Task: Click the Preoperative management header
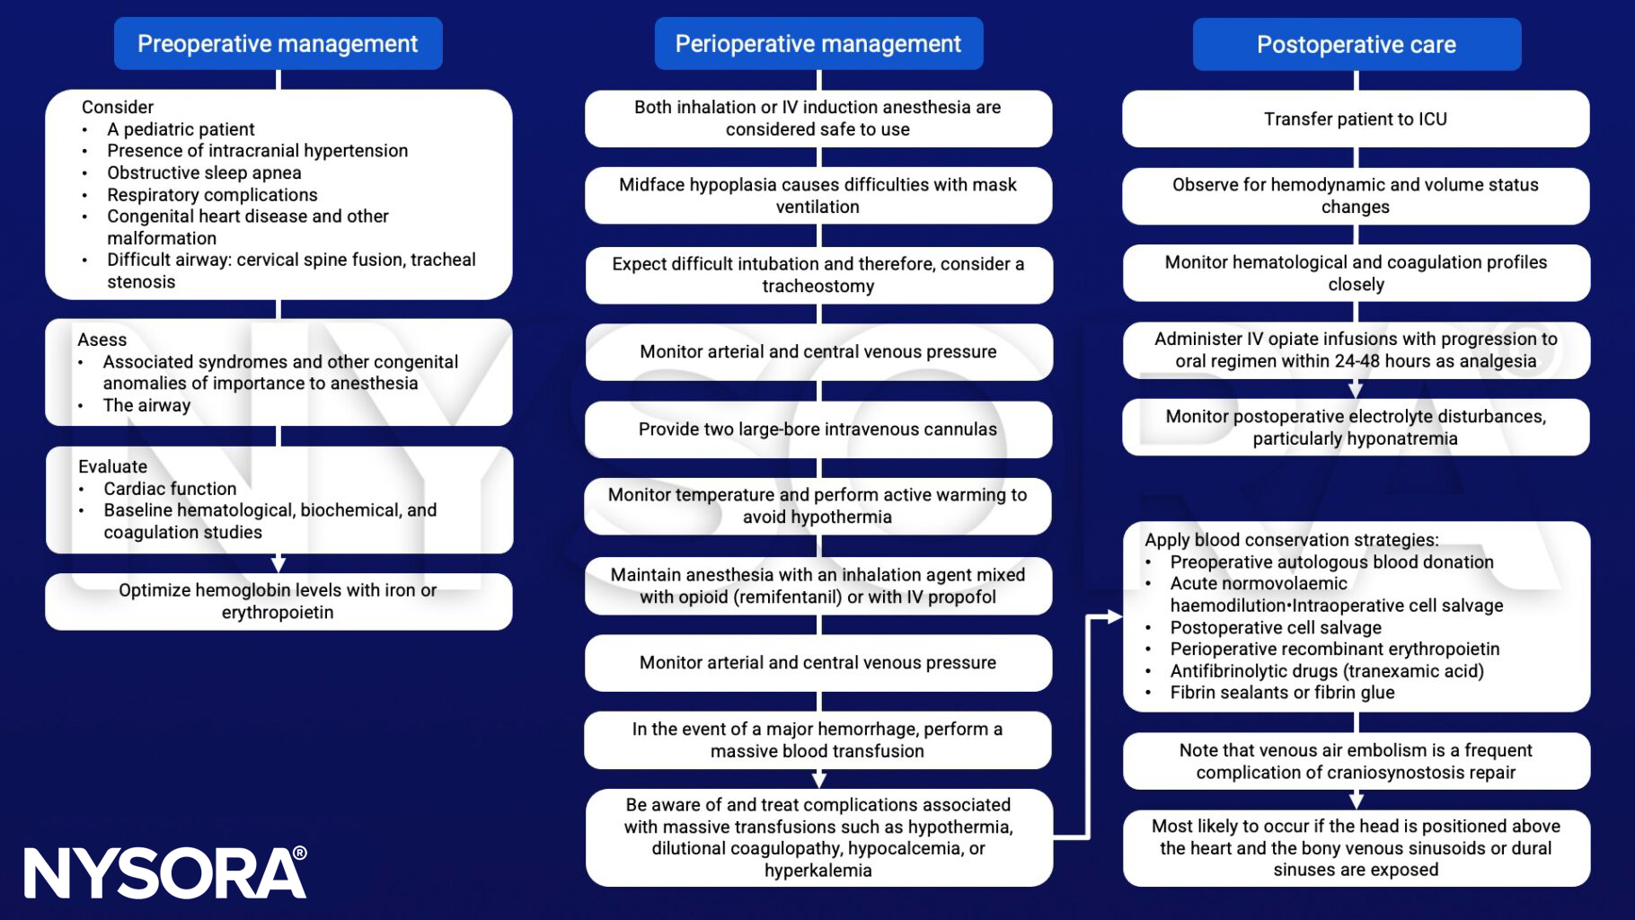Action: click(278, 43)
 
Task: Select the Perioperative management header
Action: click(817, 43)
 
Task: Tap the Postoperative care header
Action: click(1356, 44)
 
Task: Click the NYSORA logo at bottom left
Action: click(165, 872)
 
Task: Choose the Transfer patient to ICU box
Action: click(1355, 119)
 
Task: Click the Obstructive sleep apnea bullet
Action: click(204, 172)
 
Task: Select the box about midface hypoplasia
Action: click(817, 195)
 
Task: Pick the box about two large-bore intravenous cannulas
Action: click(817, 429)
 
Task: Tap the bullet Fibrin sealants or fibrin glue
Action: click(1282, 693)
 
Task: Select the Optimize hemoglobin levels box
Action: click(278, 601)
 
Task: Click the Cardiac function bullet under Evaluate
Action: click(170, 489)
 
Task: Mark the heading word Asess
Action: click(102, 340)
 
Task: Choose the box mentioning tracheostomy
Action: click(817, 275)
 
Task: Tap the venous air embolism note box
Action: click(1355, 761)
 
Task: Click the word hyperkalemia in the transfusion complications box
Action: click(817, 871)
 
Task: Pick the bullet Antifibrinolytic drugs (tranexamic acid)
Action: click(1326, 671)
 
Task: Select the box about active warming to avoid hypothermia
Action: click(817, 506)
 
